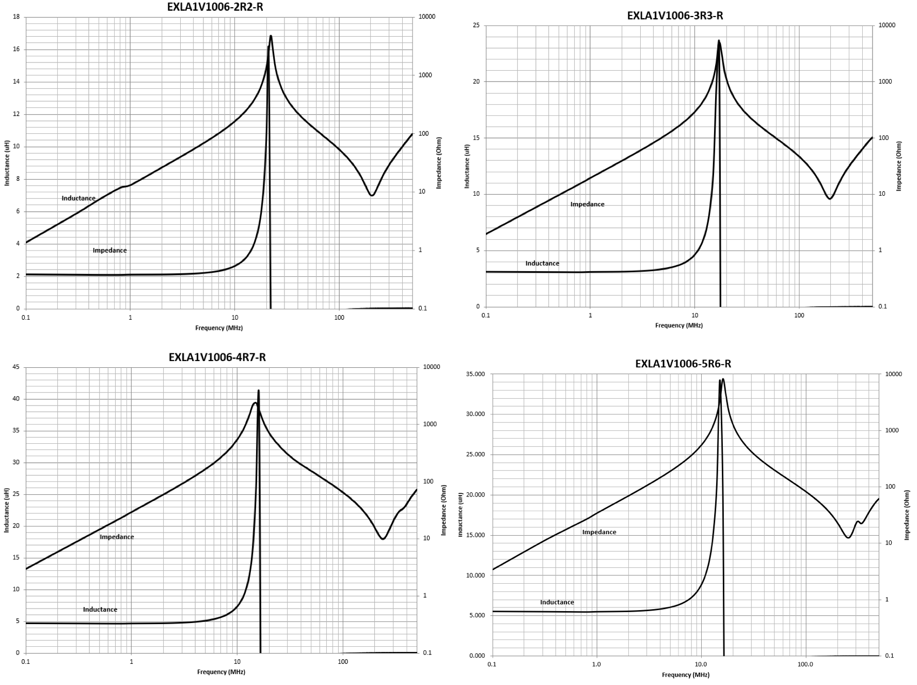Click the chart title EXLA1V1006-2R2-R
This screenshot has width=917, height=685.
[215, 7]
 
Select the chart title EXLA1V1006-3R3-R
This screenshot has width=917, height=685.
[675, 15]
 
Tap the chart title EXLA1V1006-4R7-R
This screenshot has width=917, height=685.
[217, 357]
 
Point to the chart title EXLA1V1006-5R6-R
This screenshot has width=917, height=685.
[683, 364]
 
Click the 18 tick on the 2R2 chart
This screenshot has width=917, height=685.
[17, 17]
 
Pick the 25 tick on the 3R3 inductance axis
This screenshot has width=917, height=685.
[476, 25]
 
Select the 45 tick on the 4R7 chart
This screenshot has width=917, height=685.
[16, 367]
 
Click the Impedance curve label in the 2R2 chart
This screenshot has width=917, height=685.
[109, 251]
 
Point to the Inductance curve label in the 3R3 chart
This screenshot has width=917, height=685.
[542, 263]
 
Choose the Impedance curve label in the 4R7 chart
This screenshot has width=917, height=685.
[117, 537]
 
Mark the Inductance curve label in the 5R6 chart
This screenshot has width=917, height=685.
[557, 602]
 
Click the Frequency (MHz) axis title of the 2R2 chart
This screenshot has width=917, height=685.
[219, 328]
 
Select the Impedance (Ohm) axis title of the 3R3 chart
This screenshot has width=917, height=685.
[898, 166]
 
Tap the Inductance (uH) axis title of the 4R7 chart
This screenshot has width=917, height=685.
[7, 510]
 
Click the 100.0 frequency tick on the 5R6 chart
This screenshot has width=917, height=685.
[805, 664]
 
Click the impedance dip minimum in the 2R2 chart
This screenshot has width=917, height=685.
[372, 195]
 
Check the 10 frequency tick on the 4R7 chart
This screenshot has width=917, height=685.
[237, 662]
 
